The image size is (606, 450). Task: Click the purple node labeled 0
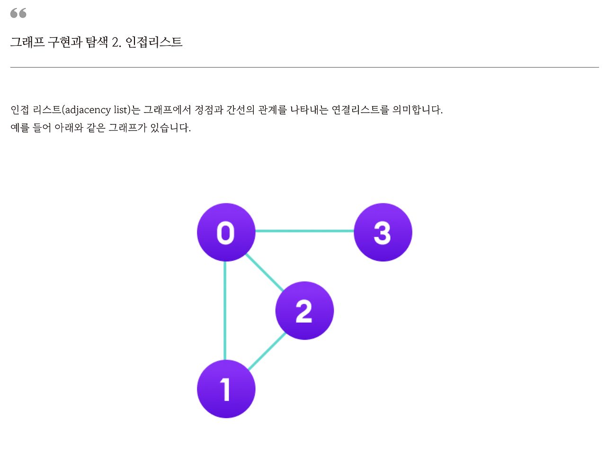point(226,232)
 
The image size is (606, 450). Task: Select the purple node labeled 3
point(383,232)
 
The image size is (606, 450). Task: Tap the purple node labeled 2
point(304,310)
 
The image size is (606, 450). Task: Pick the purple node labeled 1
point(226,389)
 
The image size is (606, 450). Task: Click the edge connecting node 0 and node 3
point(304,231)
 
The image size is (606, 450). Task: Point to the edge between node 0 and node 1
point(225,310)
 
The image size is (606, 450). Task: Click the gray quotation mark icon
point(18,13)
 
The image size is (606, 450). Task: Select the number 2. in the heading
point(116,43)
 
